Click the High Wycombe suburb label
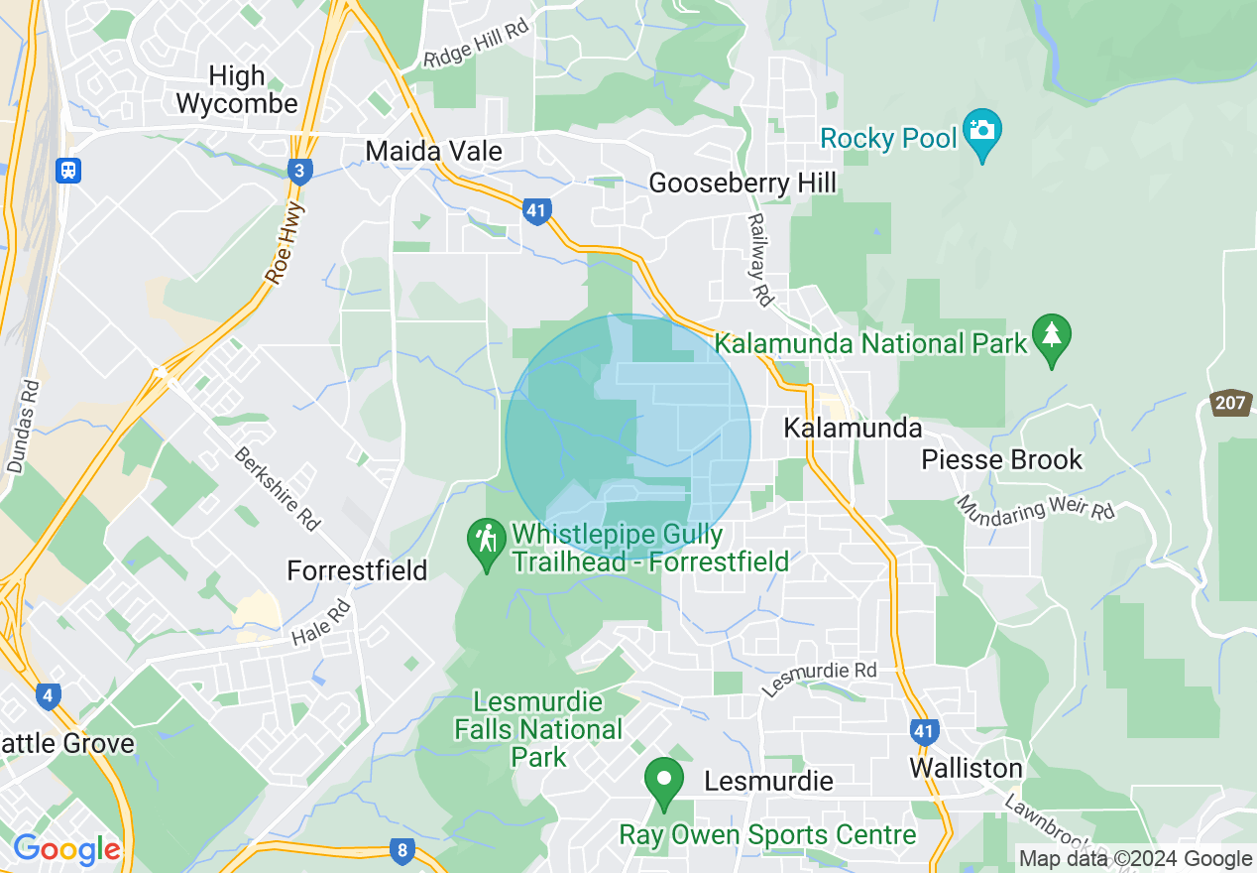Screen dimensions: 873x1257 click(x=235, y=89)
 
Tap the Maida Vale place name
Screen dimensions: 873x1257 click(x=433, y=151)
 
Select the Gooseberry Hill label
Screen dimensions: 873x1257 click(x=742, y=183)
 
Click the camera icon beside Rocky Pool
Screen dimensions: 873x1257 click(x=981, y=132)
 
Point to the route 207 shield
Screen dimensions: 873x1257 click(x=1229, y=403)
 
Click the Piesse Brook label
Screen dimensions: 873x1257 click(x=1001, y=459)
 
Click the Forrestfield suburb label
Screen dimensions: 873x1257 click(x=357, y=570)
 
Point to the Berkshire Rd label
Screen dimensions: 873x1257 click(x=278, y=488)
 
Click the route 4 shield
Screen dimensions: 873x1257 click(x=47, y=695)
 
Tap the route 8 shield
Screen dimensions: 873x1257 click(x=401, y=849)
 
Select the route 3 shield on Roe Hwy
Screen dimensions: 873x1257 click(x=299, y=172)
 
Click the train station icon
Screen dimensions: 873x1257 click(x=68, y=170)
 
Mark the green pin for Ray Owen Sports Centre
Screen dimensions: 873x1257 click(x=663, y=781)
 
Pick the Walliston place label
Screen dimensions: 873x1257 click(x=966, y=769)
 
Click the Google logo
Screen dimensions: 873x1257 click(x=66, y=849)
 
